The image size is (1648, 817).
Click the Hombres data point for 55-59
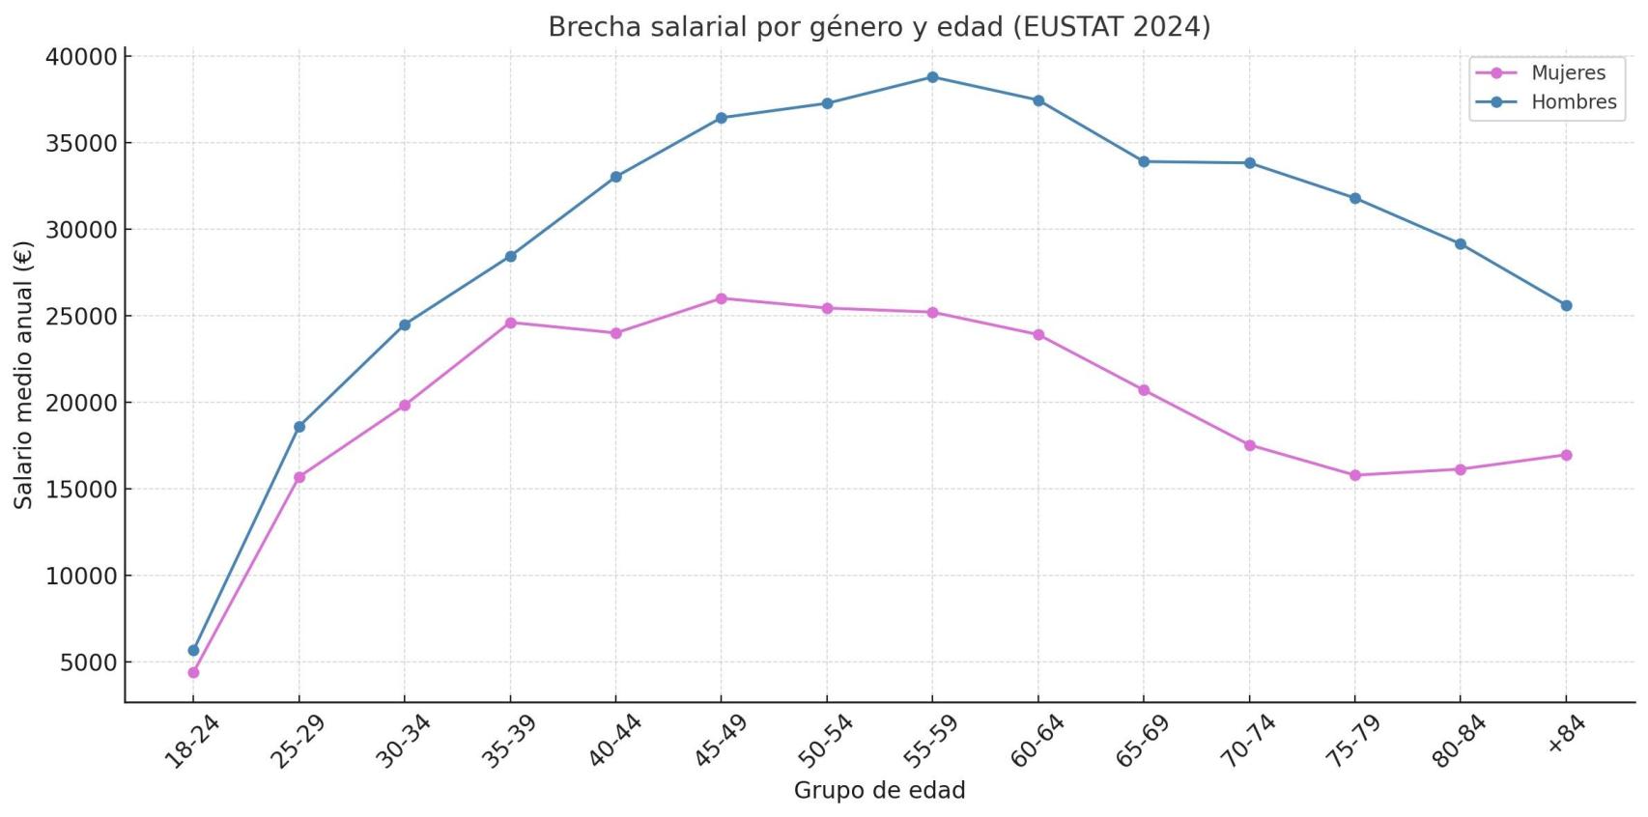click(x=932, y=77)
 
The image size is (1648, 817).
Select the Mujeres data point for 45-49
click(x=721, y=298)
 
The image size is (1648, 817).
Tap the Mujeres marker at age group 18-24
click(x=193, y=672)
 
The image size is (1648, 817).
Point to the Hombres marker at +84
click(x=1566, y=305)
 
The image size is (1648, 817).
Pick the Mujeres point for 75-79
click(x=1354, y=475)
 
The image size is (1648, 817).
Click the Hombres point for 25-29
click(x=299, y=427)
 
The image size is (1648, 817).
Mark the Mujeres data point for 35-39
click(x=510, y=323)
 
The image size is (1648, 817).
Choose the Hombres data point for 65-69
click(x=1144, y=161)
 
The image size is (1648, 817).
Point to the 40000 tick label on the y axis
click(x=81, y=57)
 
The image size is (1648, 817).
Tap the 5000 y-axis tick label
click(x=88, y=662)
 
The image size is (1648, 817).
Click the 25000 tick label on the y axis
click(x=81, y=317)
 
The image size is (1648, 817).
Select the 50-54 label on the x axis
click(x=824, y=742)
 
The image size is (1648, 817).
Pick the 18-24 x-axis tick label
click(x=190, y=742)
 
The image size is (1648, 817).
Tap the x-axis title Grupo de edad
click(x=879, y=790)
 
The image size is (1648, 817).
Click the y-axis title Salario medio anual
click(x=23, y=374)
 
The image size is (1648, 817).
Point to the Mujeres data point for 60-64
click(x=1038, y=335)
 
